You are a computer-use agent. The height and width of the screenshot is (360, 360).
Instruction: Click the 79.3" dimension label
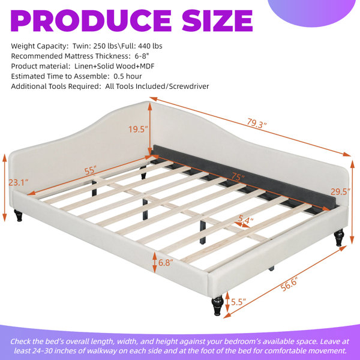(257, 123)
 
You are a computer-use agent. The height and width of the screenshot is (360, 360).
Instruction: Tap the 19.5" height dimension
(138, 129)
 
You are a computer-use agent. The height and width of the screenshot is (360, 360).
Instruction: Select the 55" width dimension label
(90, 170)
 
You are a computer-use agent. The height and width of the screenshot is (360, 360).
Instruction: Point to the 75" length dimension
(238, 177)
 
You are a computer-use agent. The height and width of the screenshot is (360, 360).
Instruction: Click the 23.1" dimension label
(19, 182)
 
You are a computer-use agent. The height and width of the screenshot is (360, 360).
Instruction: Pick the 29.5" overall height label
(340, 191)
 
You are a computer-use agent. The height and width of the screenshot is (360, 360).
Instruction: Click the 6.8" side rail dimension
(166, 262)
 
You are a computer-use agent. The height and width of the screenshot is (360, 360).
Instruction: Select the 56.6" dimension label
(289, 284)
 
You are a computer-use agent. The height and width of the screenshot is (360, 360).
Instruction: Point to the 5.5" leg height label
(238, 302)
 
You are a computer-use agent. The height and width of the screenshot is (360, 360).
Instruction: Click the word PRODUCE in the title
(91, 20)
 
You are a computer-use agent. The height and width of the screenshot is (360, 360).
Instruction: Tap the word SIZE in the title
(217, 20)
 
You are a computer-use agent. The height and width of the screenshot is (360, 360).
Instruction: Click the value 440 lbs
(150, 46)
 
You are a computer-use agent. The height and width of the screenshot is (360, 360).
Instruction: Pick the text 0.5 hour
(128, 76)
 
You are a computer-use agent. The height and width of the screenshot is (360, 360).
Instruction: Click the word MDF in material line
(147, 66)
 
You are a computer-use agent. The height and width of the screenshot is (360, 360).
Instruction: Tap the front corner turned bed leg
(217, 305)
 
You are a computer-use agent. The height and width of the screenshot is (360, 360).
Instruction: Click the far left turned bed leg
(19, 215)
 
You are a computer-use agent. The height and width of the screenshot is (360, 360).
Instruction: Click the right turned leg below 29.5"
(339, 238)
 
